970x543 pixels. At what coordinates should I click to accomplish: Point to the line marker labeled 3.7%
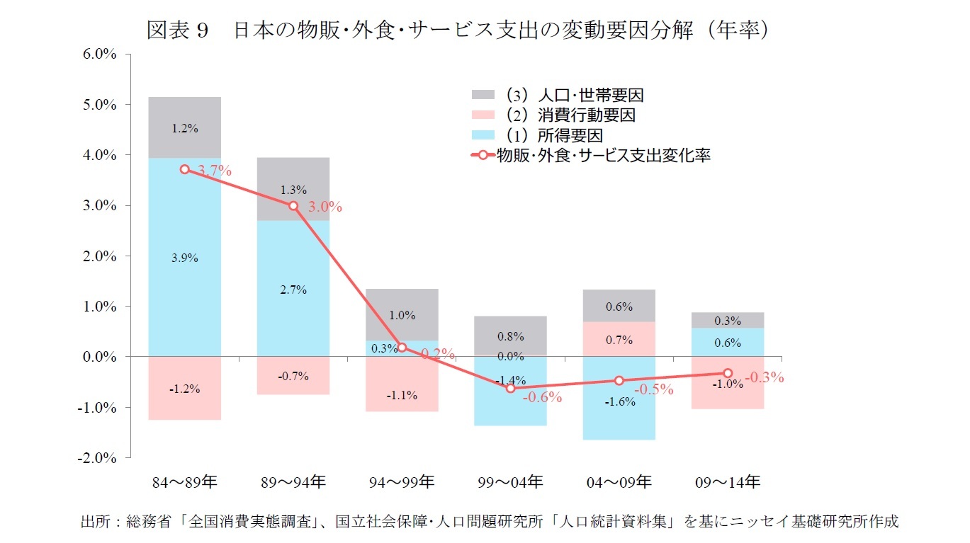click(185, 169)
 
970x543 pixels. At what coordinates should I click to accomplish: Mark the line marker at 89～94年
click(293, 205)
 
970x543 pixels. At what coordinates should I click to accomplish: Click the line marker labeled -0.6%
click(510, 388)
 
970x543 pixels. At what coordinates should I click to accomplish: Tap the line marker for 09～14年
click(728, 372)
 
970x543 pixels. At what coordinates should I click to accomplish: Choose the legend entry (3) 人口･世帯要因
click(560, 95)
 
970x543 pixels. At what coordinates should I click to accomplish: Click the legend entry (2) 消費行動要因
click(560, 115)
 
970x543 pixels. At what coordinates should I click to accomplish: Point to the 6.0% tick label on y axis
click(99, 54)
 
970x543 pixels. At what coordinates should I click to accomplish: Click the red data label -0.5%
click(653, 389)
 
